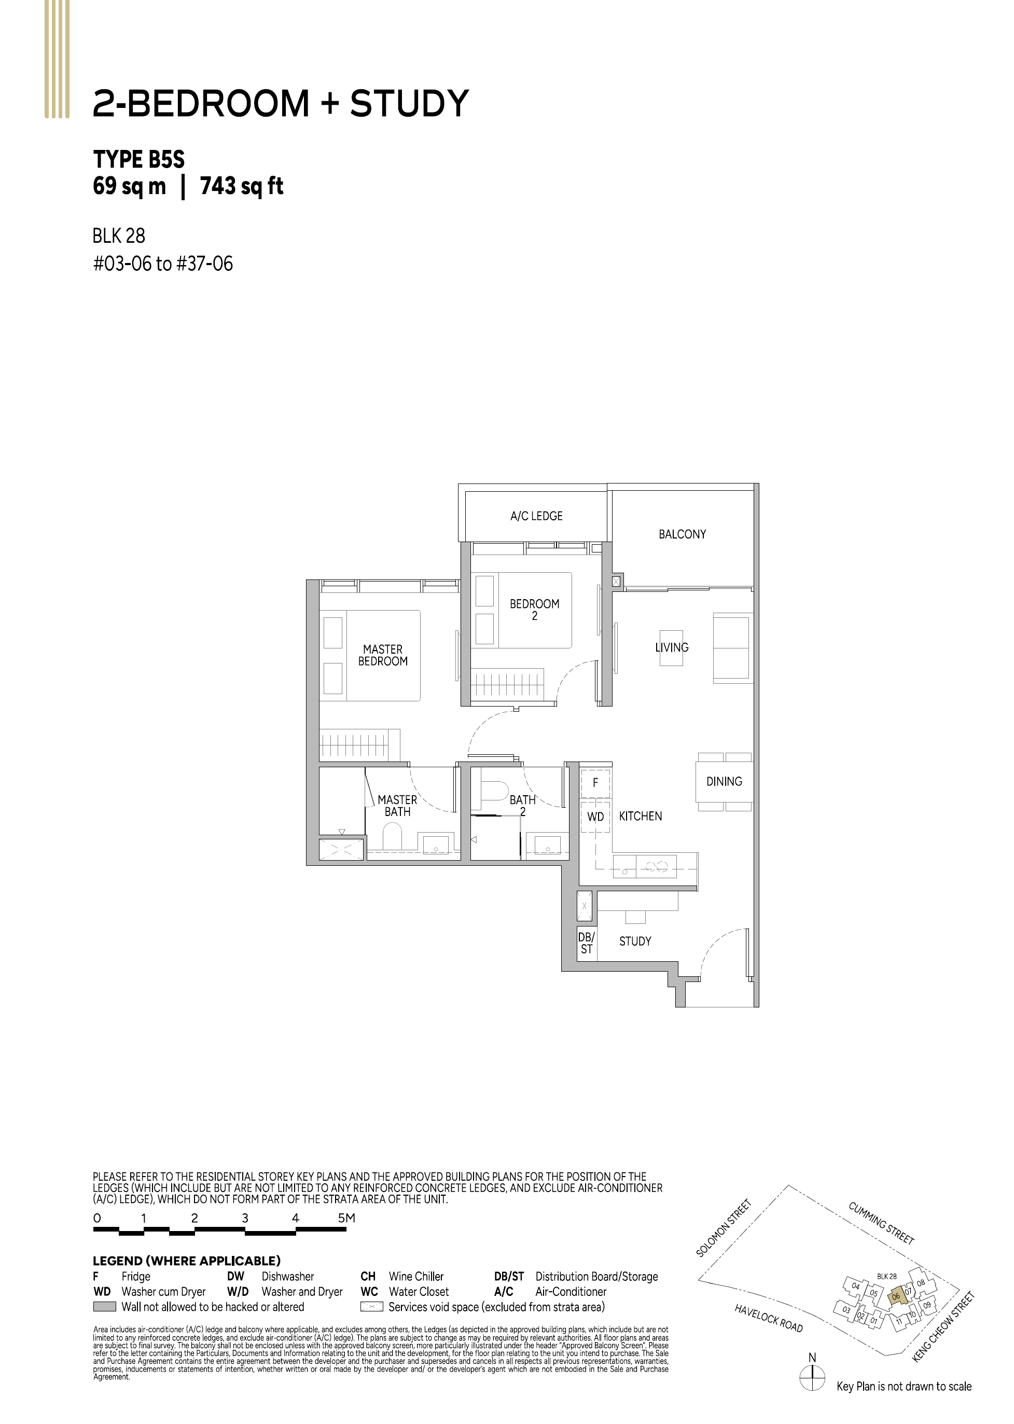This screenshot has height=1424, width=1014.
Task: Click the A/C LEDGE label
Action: click(x=536, y=516)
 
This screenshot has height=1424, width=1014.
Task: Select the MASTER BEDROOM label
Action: click(x=383, y=655)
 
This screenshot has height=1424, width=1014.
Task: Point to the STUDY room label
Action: click(x=635, y=941)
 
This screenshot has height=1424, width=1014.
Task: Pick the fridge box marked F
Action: click(x=595, y=783)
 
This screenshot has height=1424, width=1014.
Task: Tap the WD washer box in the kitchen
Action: click(x=595, y=817)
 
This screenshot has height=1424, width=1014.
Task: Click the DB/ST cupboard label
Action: click(x=586, y=943)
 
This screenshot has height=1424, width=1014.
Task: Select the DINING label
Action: click(x=724, y=781)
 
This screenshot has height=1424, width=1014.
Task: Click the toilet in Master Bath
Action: click(x=392, y=836)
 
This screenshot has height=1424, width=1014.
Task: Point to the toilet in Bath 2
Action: click(x=495, y=791)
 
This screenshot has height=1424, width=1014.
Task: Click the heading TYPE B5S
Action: click(x=138, y=159)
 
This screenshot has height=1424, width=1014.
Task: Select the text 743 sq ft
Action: click(x=242, y=186)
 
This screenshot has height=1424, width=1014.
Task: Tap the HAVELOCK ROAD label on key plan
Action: click(x=769, y=1318)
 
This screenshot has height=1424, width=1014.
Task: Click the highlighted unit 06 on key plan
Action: click(x=896, y=1296)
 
